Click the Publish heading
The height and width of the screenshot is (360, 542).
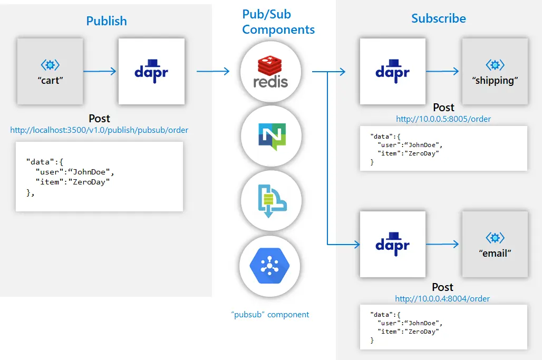point(107,21)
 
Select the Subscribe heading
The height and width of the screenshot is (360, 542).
point(438,18)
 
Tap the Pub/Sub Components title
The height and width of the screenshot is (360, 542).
point(278,22)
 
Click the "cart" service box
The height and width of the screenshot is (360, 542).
point(50,71)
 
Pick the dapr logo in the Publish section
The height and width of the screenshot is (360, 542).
point(151,71)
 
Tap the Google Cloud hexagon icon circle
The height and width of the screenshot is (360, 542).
point(270,267)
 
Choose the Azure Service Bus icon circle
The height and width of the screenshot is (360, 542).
point(271,201)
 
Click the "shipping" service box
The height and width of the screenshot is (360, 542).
point(495,71)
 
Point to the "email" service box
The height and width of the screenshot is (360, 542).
point(495,244)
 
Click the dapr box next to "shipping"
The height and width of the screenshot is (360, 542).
point(392,71)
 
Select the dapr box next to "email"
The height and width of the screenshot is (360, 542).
point(392,244)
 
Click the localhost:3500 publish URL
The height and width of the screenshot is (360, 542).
point(99,130)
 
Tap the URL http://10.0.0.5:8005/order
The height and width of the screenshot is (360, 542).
point(443,119)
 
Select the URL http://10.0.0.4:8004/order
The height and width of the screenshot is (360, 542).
point(442,298)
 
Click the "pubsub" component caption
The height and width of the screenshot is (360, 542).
point(270,315)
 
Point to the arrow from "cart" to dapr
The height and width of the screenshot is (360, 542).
point(100,71)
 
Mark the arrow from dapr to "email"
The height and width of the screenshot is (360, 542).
point(442,244)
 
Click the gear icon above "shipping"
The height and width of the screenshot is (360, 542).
point(495,65)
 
